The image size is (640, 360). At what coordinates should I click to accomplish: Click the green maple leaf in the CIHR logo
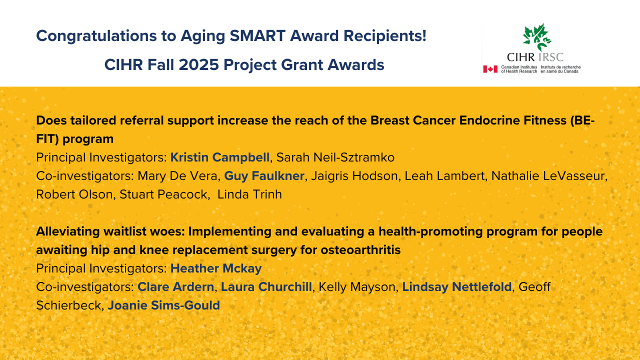click(537, 37)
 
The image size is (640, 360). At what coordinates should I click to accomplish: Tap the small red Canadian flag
click(490, 69)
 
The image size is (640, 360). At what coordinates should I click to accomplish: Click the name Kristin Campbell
click(219, 157)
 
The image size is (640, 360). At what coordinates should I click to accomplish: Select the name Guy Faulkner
click(264, 176)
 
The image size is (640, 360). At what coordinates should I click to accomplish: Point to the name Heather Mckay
click(216, 268)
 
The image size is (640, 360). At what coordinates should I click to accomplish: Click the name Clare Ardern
click(175, 287)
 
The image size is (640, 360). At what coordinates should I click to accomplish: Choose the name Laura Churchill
click(266, 287)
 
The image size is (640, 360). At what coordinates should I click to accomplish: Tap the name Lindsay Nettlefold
click(457, 287)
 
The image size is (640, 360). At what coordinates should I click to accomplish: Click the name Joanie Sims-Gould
click(163, 305)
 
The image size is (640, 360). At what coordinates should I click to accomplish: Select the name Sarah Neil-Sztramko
click(335, 157)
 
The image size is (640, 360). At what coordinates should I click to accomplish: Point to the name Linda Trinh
click(249, 194)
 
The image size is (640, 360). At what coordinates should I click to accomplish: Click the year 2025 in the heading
click(199, 65)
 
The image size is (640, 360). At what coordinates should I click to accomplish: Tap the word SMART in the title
click(257, 36)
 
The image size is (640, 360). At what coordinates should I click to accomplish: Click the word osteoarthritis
click(360, 250)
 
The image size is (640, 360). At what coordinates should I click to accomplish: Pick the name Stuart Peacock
click(163, 194)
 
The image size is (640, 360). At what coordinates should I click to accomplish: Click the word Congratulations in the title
click(96, 36)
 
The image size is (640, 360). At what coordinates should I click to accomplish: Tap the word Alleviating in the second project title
click(67, 231)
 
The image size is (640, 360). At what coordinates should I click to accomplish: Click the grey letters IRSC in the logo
click(551, 57)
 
